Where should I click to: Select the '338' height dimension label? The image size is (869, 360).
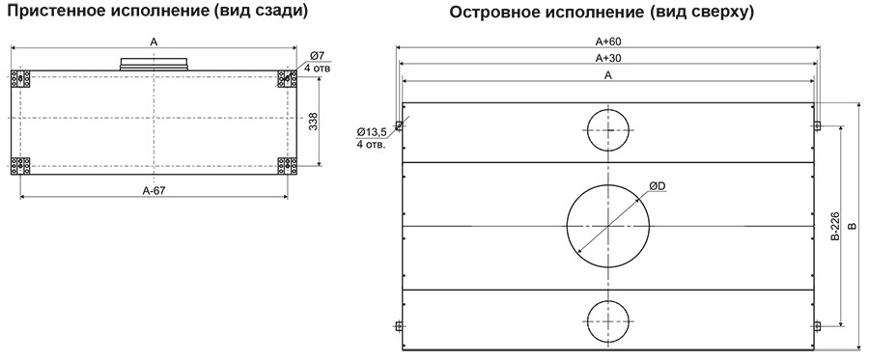click(x=313, y=122)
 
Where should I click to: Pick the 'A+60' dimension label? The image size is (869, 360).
click(x=607, y=42)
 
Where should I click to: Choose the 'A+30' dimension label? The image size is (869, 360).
click(x=607, y=59)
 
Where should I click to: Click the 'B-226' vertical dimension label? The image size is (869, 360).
click(x=834, y=226)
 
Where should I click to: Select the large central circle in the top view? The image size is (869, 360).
click(x=607, y=225)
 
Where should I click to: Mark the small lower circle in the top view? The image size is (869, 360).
click(x=608, y=320)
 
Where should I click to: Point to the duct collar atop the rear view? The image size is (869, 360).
click(x=155, y=65)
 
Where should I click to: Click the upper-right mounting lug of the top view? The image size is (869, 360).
click(x=817, y=125)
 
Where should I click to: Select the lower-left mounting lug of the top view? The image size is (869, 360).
click(x=398, y=325)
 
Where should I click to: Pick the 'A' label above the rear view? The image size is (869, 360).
click(x=153, y=42)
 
